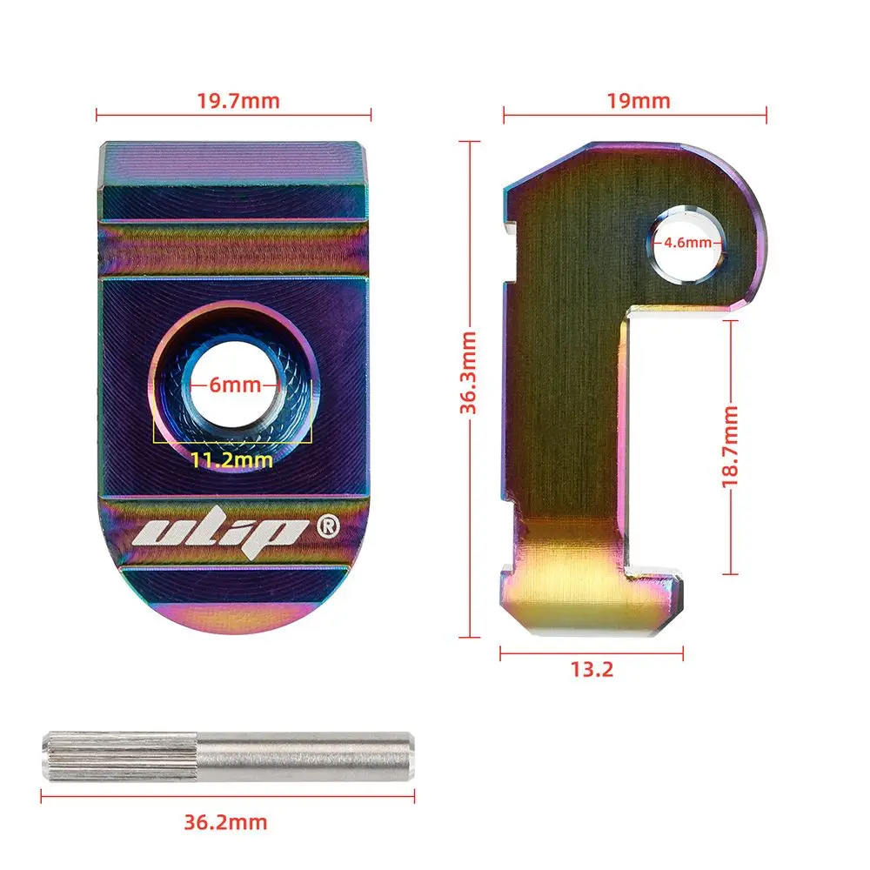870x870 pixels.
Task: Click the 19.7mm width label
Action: pos(238,101)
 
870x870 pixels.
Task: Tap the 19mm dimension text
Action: pos(638,101)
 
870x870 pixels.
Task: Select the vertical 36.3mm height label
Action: pos(468,372)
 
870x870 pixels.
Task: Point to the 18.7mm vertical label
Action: pos(730,446)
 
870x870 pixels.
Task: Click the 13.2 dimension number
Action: pos(592,669)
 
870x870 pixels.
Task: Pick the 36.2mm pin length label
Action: pos(225,822)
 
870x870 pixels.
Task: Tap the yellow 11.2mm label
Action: pos(232,460)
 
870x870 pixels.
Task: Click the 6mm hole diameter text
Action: pos(235,385)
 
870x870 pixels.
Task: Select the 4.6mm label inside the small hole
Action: pos(687,243)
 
